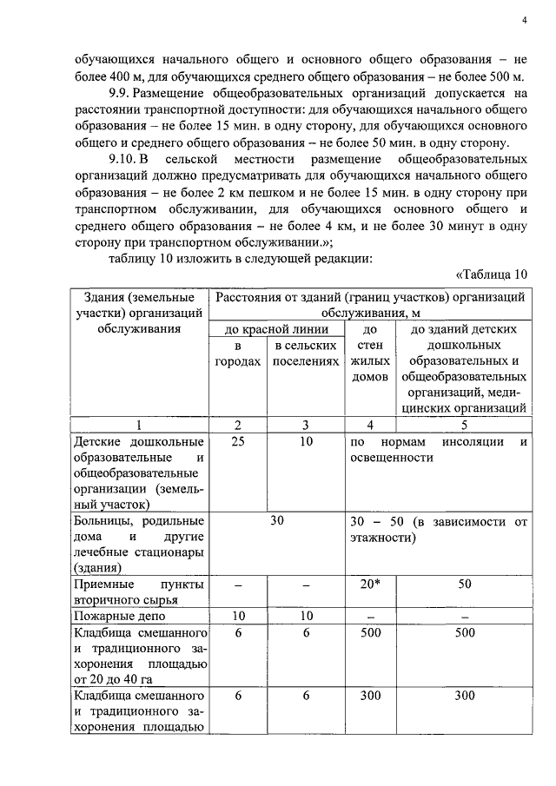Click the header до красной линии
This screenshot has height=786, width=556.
pos(277,329)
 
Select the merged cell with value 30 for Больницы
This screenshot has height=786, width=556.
pos(277,521)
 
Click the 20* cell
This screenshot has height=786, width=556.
pos(370,585)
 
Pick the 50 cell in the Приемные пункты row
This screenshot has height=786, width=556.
pos(463,585)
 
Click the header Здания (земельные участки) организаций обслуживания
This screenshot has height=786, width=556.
pos(138,313)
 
